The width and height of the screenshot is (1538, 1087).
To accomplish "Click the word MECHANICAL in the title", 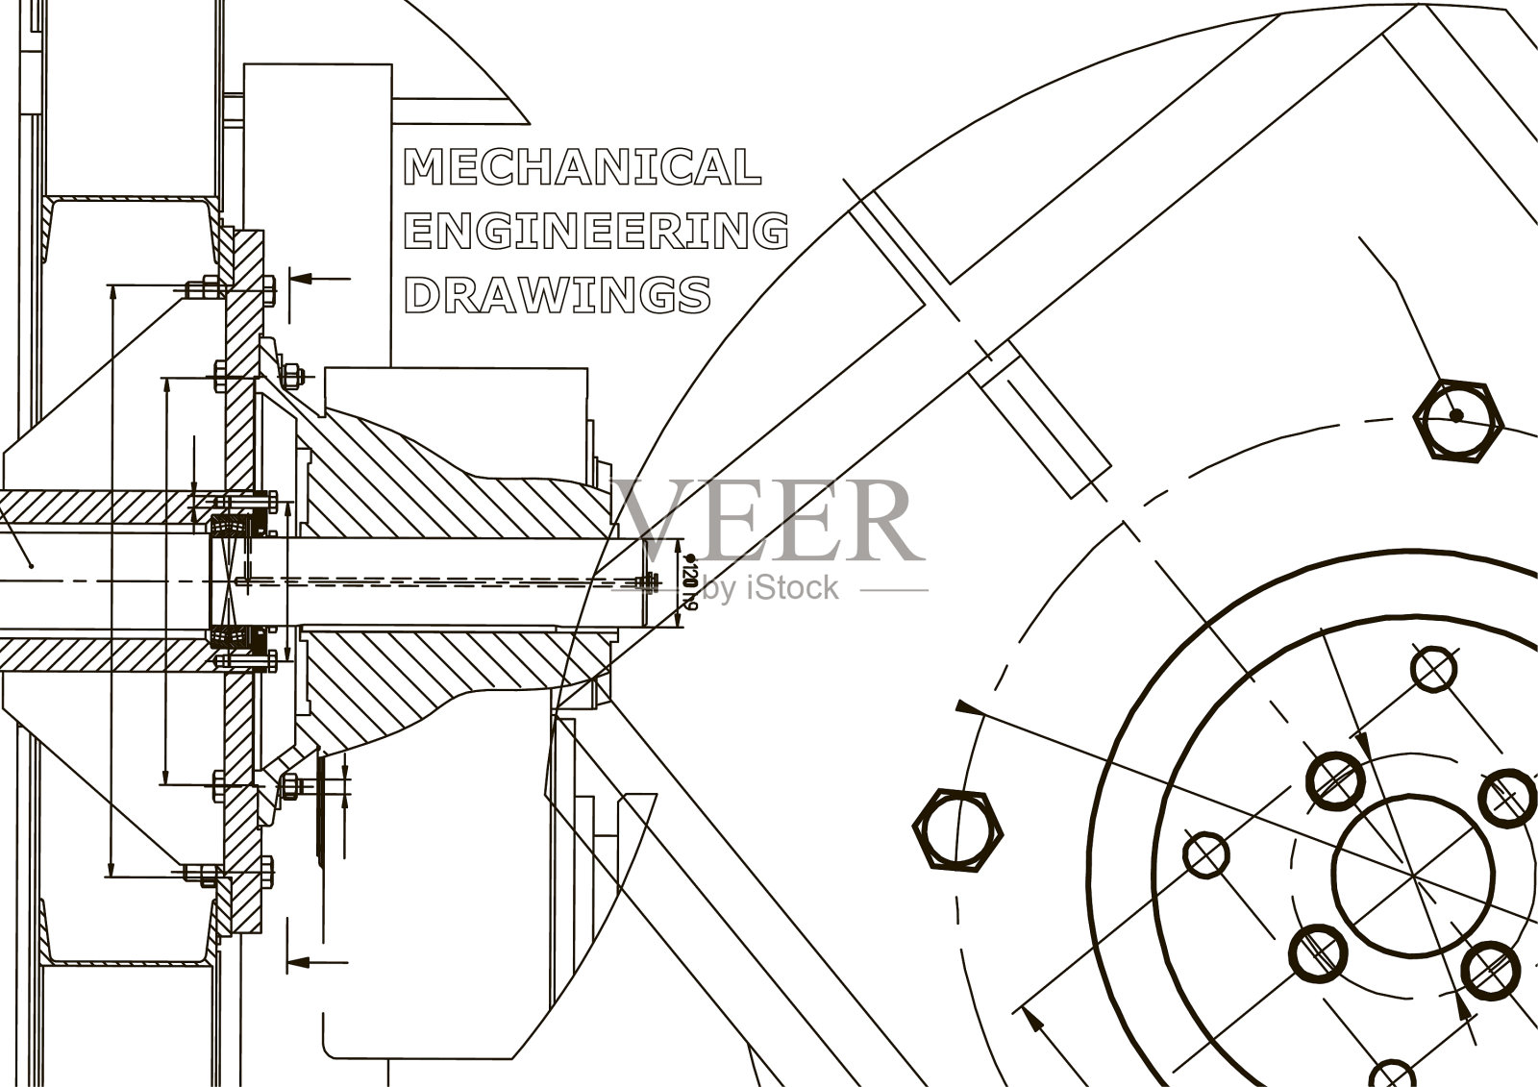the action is coord(583,167).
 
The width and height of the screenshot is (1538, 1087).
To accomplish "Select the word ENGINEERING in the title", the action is coord(596,230).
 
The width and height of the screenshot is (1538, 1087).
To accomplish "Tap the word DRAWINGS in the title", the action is coord(558,295).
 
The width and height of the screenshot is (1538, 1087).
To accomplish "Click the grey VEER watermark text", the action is coord(768,521).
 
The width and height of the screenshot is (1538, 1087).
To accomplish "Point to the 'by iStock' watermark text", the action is coord(770,588).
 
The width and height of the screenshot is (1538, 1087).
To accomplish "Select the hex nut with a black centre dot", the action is coord(1457,420).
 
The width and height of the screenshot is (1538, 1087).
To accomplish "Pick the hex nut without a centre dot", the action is coord(957,831).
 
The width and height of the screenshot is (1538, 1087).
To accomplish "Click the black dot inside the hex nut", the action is coord(1456,415).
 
